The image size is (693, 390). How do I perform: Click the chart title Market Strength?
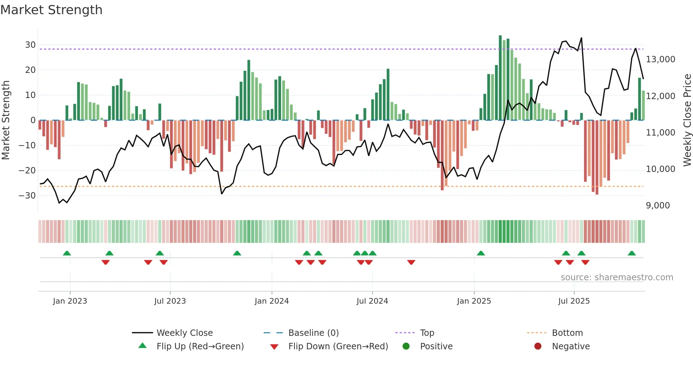(51, 10)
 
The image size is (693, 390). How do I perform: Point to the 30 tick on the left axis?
(30, 45)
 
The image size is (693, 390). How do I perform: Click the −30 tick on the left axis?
(27, 196)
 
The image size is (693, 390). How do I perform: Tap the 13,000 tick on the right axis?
(660, 59)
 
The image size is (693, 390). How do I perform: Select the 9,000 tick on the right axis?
(658, 206)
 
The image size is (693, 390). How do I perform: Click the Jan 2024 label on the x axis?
(272, 301)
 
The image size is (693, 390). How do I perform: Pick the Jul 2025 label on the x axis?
(574, 301)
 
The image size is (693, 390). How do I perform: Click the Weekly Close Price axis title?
(687, 120)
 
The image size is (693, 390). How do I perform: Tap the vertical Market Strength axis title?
(6, 120)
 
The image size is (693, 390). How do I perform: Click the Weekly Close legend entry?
(184, 333)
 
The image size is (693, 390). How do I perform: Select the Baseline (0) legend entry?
(313, 333)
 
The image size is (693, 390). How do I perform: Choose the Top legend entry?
(427, 333)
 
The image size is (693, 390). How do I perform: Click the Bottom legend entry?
(567, 333)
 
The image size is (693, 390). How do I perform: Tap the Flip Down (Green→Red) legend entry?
(338, 346)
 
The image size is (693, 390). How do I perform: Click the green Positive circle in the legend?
(406, 346)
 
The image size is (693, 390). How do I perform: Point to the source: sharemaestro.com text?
(617, 277)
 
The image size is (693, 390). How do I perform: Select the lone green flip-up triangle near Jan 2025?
(481, 253)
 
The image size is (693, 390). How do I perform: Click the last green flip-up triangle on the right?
(631, 253)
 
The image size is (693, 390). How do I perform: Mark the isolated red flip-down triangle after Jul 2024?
(411, 262)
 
